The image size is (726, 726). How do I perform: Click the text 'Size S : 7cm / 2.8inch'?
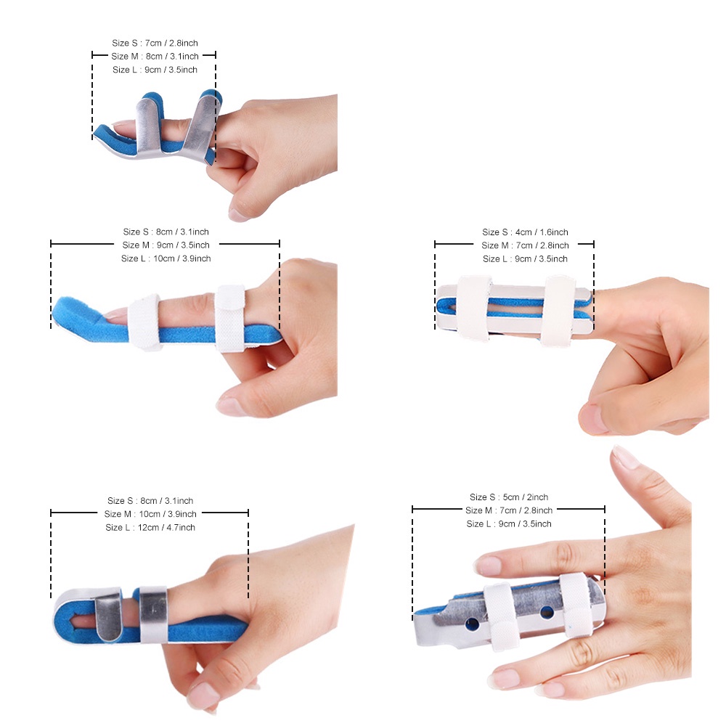coord(155,43)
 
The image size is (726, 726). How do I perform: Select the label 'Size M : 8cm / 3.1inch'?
coord(155,57)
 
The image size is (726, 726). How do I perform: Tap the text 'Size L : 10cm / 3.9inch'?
coord(166,258)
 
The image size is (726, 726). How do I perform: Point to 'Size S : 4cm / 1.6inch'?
coord(525,232)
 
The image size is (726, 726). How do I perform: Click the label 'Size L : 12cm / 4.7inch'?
coord(150,527)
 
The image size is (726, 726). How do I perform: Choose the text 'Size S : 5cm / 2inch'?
coord(509,497)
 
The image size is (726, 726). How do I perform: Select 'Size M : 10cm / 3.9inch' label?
coord(150,514)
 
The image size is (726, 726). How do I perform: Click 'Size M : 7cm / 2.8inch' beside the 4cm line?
coord(525,245)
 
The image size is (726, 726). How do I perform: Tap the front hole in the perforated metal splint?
coord(473,624)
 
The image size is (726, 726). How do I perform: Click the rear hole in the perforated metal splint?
coord(547,613)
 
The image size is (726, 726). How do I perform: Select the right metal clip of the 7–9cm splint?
coord(200,128)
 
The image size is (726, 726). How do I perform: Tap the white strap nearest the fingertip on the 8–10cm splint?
coord(144,322)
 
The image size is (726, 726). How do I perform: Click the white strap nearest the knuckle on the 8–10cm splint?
coord(230,319)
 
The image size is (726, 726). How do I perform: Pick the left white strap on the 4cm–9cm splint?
coord(473,308)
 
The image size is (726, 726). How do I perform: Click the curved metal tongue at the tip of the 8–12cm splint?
coord(108,616)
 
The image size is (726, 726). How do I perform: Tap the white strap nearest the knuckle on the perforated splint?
coord(577,605)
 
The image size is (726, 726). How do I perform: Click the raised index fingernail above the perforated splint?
coord(626,457)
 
